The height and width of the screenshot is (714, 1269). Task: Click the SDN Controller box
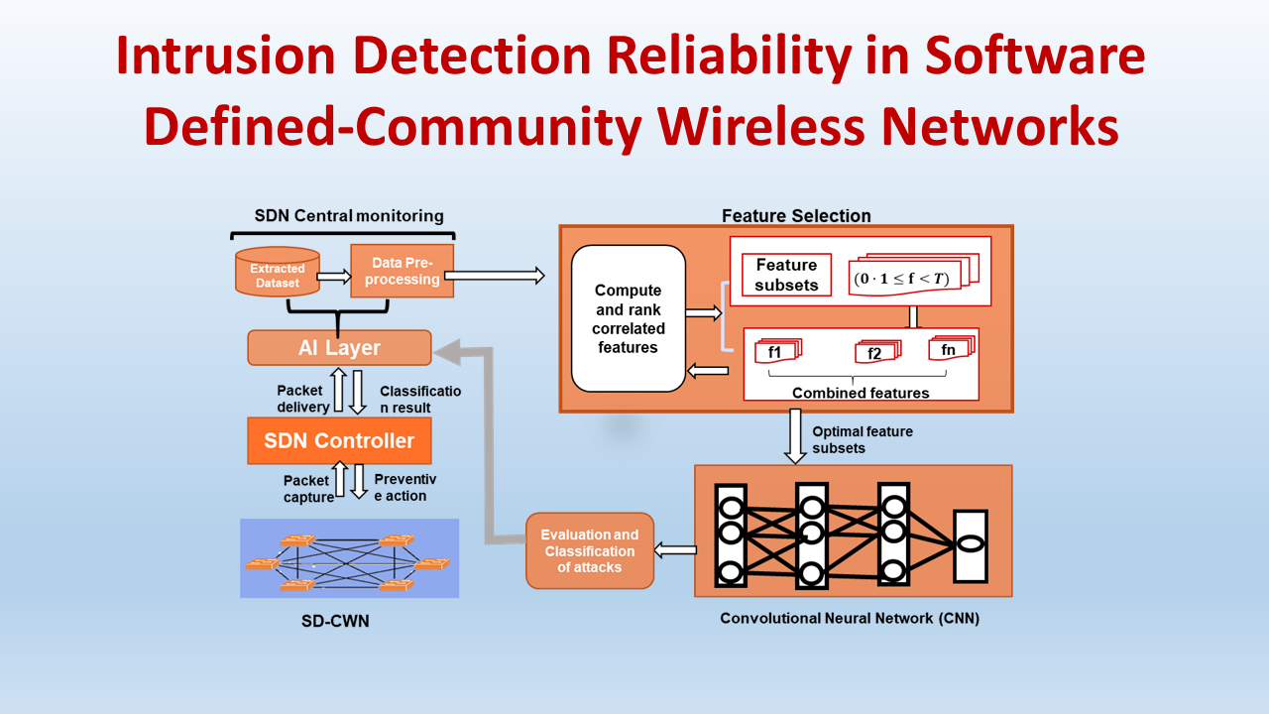(339, 440)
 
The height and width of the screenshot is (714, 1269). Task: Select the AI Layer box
(339, 348)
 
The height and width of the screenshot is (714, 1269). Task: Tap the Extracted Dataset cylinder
(276, 275)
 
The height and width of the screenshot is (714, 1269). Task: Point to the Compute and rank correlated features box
(628, 318)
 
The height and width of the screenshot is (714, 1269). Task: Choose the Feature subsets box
(786, 276)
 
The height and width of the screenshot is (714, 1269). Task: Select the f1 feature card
(775, 352)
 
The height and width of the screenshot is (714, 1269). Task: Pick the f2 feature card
(875, 353)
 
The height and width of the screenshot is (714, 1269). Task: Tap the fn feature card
(950, 349)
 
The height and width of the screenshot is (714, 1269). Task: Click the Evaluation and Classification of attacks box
(589, 550)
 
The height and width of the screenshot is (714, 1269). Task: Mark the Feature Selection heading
(796, 215)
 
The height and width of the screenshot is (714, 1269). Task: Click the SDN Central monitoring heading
(349, 215)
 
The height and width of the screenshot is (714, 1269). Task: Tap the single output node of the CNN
(970, 545)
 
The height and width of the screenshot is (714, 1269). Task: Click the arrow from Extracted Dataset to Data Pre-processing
(334, 277)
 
